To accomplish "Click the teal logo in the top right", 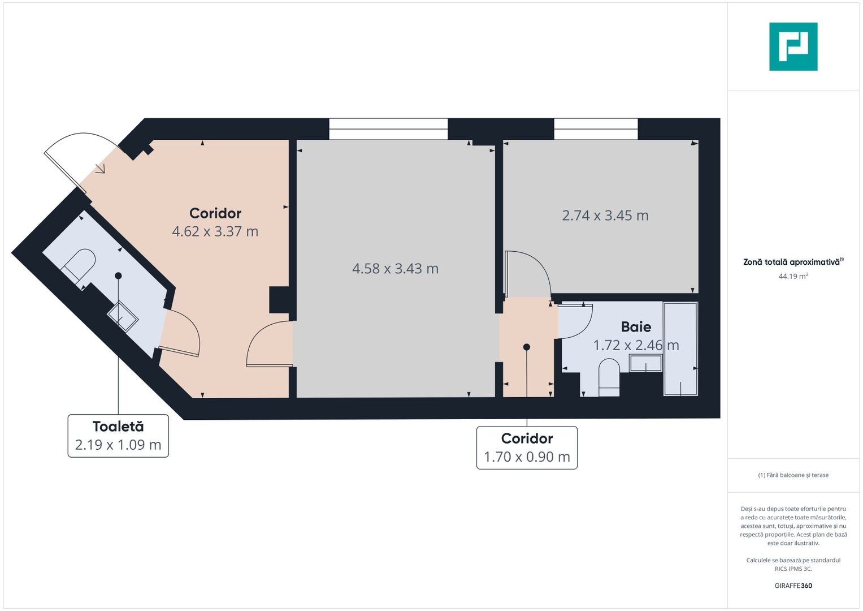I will pos(793,46).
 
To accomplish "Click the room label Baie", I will pos(636,327).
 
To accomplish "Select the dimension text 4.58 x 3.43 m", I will pos(395,269).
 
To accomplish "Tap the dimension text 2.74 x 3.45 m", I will pos(605,216).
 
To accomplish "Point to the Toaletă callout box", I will pos(118,436).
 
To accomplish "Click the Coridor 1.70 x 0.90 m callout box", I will pos(527,448).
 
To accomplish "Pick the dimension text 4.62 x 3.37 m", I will pos(215,231).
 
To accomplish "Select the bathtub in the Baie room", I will pos(680,348).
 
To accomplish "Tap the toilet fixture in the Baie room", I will pos(609,380).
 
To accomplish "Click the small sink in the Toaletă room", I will pos(123,316).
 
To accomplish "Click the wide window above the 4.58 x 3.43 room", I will pos(388,129).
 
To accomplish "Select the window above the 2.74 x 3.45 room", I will pos(596,129).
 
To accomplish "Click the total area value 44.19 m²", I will pos(793,276).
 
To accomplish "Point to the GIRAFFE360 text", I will pos(793,586).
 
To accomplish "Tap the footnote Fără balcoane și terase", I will pos(793,475).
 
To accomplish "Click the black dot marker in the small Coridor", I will pos(527,347).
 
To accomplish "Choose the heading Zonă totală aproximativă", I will pos(791,262).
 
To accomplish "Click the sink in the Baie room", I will pos(645,363).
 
